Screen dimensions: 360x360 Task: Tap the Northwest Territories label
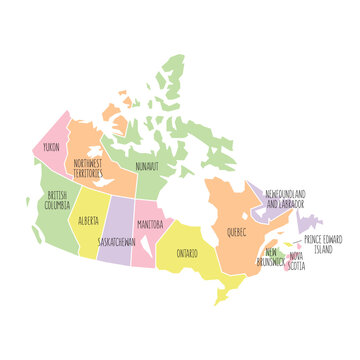tap(88, 167)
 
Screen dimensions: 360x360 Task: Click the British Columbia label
tap(58, 200)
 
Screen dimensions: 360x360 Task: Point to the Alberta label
tap(88, 219)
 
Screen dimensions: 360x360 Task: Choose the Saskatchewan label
tap(118, 241)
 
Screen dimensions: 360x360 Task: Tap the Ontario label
tap(187, 253)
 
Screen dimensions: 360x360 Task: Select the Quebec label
tap(237, 231)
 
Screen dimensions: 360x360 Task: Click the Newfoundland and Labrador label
tap(286, 198)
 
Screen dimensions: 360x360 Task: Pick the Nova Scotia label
tap(298, 261)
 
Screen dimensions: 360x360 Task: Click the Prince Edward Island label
tap(324, 244)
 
